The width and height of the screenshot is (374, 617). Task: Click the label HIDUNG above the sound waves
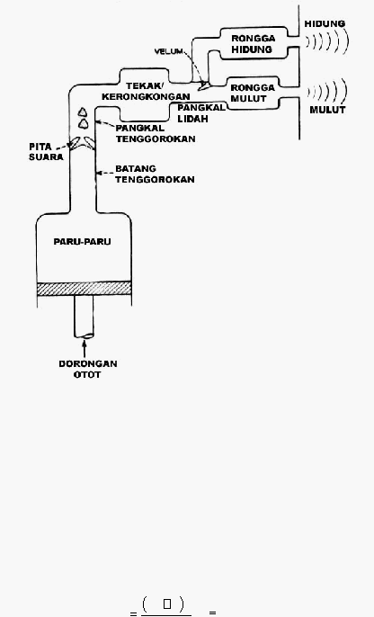(x=325, y=23)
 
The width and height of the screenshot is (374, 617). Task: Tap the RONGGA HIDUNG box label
(x=253, y=44)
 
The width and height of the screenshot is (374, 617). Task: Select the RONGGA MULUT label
(x=252, y=93)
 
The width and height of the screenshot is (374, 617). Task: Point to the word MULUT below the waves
(x=327, y=110)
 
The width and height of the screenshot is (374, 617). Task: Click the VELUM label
(x=169, y=51)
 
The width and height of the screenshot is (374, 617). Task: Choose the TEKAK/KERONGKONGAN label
(x=146, y=92)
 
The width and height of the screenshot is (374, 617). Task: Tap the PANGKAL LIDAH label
(x=201, y=113)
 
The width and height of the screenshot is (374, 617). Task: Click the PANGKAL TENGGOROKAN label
(x=156, y=134)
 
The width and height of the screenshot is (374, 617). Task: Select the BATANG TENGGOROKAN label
(x=155, y=174)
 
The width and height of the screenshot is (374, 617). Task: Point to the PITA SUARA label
(x=46, y=151)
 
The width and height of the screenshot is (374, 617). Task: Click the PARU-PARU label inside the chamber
(x=82, y=242)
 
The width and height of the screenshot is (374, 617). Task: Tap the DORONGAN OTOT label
(x=88, y=369)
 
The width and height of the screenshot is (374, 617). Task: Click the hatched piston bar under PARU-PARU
(x=85, y=289)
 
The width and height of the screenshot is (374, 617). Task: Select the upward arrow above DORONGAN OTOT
(x=85, y=348)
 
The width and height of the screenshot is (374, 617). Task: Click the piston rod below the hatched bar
(x=85, y=317)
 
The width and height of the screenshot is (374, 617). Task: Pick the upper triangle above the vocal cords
(x=82, y=112)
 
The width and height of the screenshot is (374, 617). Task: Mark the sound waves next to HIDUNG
(x=327, y=41)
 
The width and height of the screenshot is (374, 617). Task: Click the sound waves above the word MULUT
(x=327, y=91)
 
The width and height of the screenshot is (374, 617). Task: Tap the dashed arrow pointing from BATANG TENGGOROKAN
(x=104, y=173)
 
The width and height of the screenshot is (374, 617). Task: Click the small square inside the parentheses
(x=167, y=604)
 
